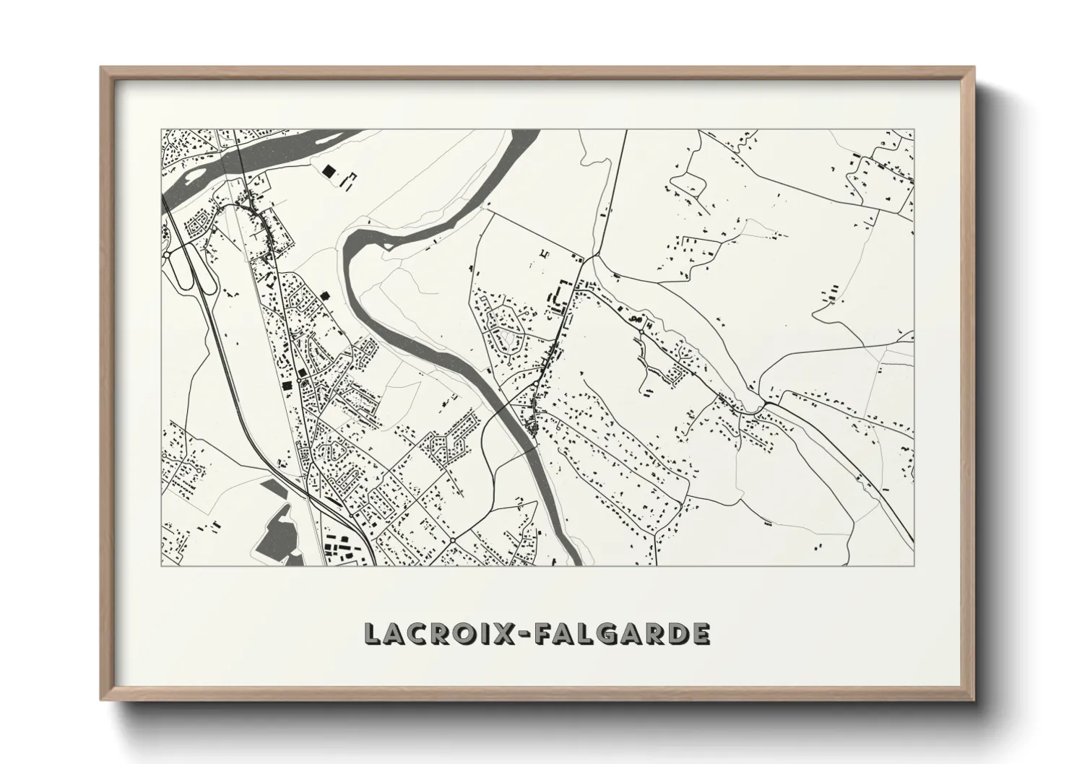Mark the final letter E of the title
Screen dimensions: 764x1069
pyautogui.click(x=699, y=633)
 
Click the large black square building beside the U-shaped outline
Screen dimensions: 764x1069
pyautogui.click(x=329, y=171)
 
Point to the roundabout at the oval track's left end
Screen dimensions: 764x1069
pyautogui.click(x=167, y=255)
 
